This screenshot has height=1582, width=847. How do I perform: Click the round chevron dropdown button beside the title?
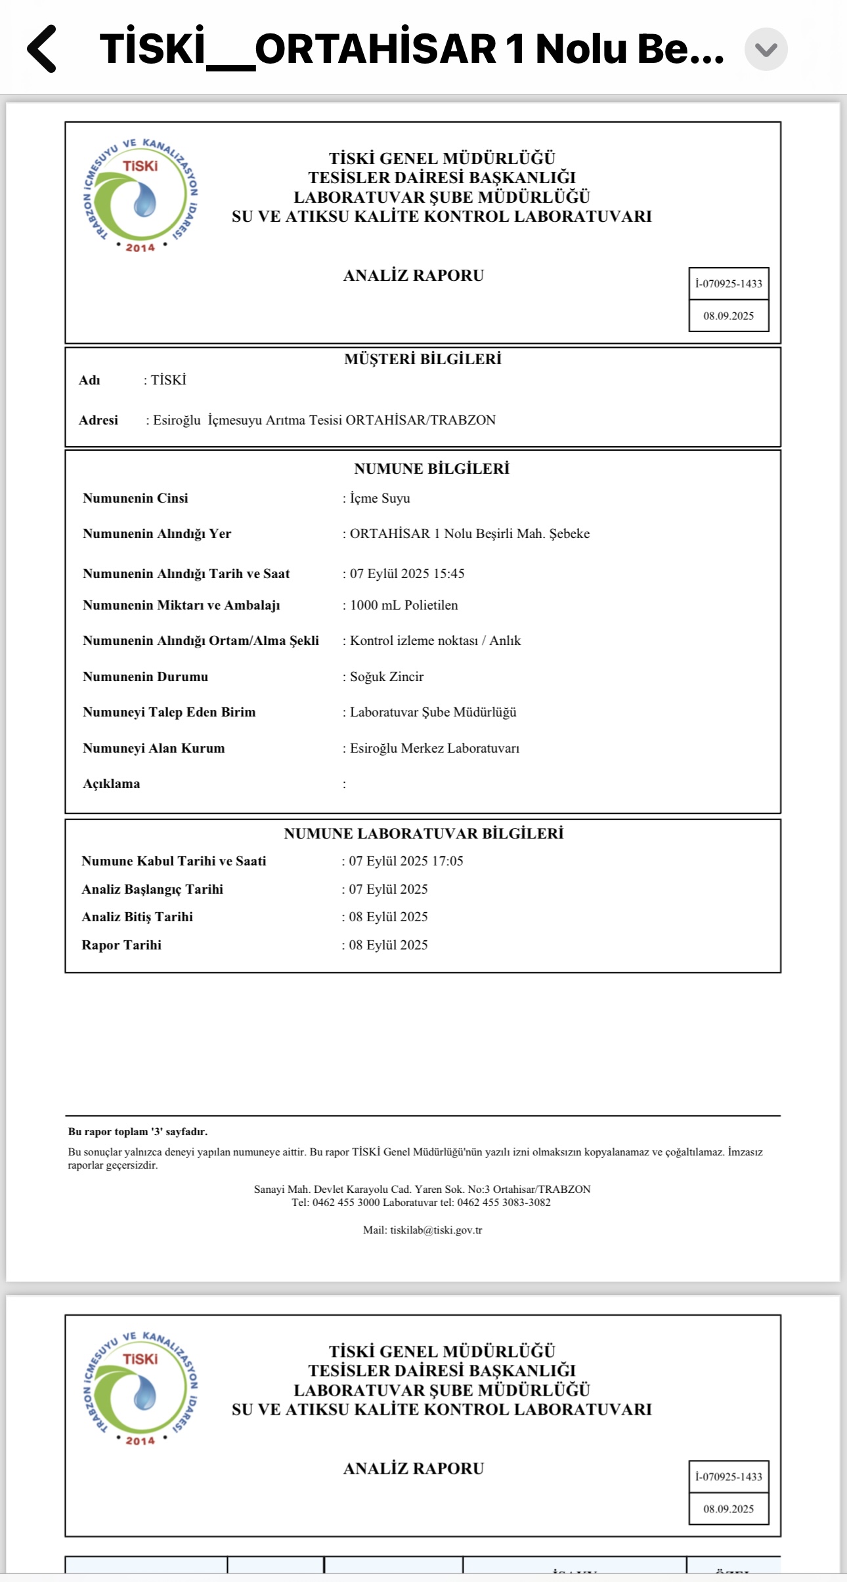766,49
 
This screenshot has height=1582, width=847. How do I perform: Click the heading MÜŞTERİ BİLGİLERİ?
422,359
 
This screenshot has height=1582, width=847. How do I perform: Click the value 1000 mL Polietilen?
404,605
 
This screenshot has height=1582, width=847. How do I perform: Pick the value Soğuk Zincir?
386,677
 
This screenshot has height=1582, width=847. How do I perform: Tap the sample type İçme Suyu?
380,498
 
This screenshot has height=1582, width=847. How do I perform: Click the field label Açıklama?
111,783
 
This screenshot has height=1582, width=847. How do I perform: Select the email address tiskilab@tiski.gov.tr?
436,1230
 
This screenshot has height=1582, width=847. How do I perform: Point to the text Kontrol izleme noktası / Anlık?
435,640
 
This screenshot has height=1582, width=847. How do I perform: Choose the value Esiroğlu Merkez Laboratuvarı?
434,748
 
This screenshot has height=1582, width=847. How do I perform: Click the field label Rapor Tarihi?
121,945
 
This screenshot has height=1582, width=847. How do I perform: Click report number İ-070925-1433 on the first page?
729,283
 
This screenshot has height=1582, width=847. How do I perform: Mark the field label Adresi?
98,420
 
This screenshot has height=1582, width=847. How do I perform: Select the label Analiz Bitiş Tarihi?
137,917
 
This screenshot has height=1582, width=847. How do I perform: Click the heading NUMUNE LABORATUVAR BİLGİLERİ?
423,833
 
